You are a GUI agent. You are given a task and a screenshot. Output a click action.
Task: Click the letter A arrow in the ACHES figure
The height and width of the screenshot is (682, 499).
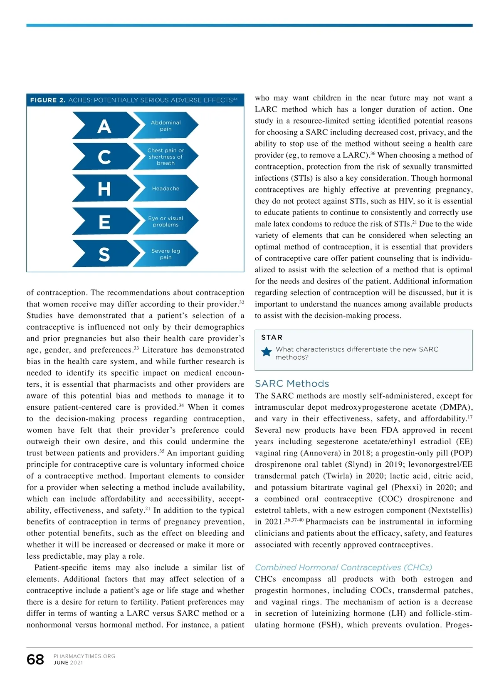pyautogui.click(x=105, y=126)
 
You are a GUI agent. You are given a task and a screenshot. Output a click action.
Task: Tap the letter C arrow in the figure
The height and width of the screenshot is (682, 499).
pyautogui.click(x=105, y=157)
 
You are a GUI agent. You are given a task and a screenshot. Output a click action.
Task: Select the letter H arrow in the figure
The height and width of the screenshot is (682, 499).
pyautogui.click(x=105, y=189)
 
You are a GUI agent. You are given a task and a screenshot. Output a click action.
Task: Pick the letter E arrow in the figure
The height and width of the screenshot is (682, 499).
pyautogui.click(x=105, y=222)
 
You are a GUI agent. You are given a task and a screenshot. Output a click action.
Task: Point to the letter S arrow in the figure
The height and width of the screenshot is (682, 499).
pyautogui.click(x=105, y=254)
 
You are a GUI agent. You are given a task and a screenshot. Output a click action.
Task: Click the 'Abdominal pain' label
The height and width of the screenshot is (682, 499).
pyautogui.click(x=166, y=126)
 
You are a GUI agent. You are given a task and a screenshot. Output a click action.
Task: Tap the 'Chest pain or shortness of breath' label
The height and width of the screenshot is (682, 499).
pyautogui.click(x=166, y=157)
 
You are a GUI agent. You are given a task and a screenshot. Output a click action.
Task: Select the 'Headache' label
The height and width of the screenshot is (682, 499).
pyautogui.click(x=166, y=189)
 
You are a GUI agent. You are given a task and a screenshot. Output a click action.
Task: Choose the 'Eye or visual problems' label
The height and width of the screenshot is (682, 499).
pyautogui.click(x=166, y=222)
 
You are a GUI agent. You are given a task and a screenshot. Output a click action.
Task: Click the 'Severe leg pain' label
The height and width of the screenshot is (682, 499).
pyautogui.click(x=166, y=254)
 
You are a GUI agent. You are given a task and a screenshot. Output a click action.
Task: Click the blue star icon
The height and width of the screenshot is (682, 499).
pyautogui.click(x=267, y=352)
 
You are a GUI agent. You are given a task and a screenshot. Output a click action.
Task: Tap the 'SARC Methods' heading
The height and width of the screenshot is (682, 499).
pyautogui.click(x=292, y=383)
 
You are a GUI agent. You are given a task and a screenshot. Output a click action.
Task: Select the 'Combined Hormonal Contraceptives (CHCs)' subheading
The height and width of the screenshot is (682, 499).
pyautogui.click(x=343, y=567)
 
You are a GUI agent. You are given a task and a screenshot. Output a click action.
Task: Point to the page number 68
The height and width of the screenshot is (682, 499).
pyautogui.click(x=35, y=659)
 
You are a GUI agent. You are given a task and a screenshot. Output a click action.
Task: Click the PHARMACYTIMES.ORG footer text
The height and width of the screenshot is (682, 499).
pyautogui.click(x=84, y=656)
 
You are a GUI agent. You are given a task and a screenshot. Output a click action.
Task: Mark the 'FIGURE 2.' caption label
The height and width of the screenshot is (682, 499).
pyautogui.click(x=48, y=100)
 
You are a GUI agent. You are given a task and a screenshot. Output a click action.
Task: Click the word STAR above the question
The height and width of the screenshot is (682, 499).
pyautogui.click(x=272, y=337)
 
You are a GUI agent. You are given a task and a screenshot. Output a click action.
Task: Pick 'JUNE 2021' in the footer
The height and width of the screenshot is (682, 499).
pyautogui.click(x=68, y=663)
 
